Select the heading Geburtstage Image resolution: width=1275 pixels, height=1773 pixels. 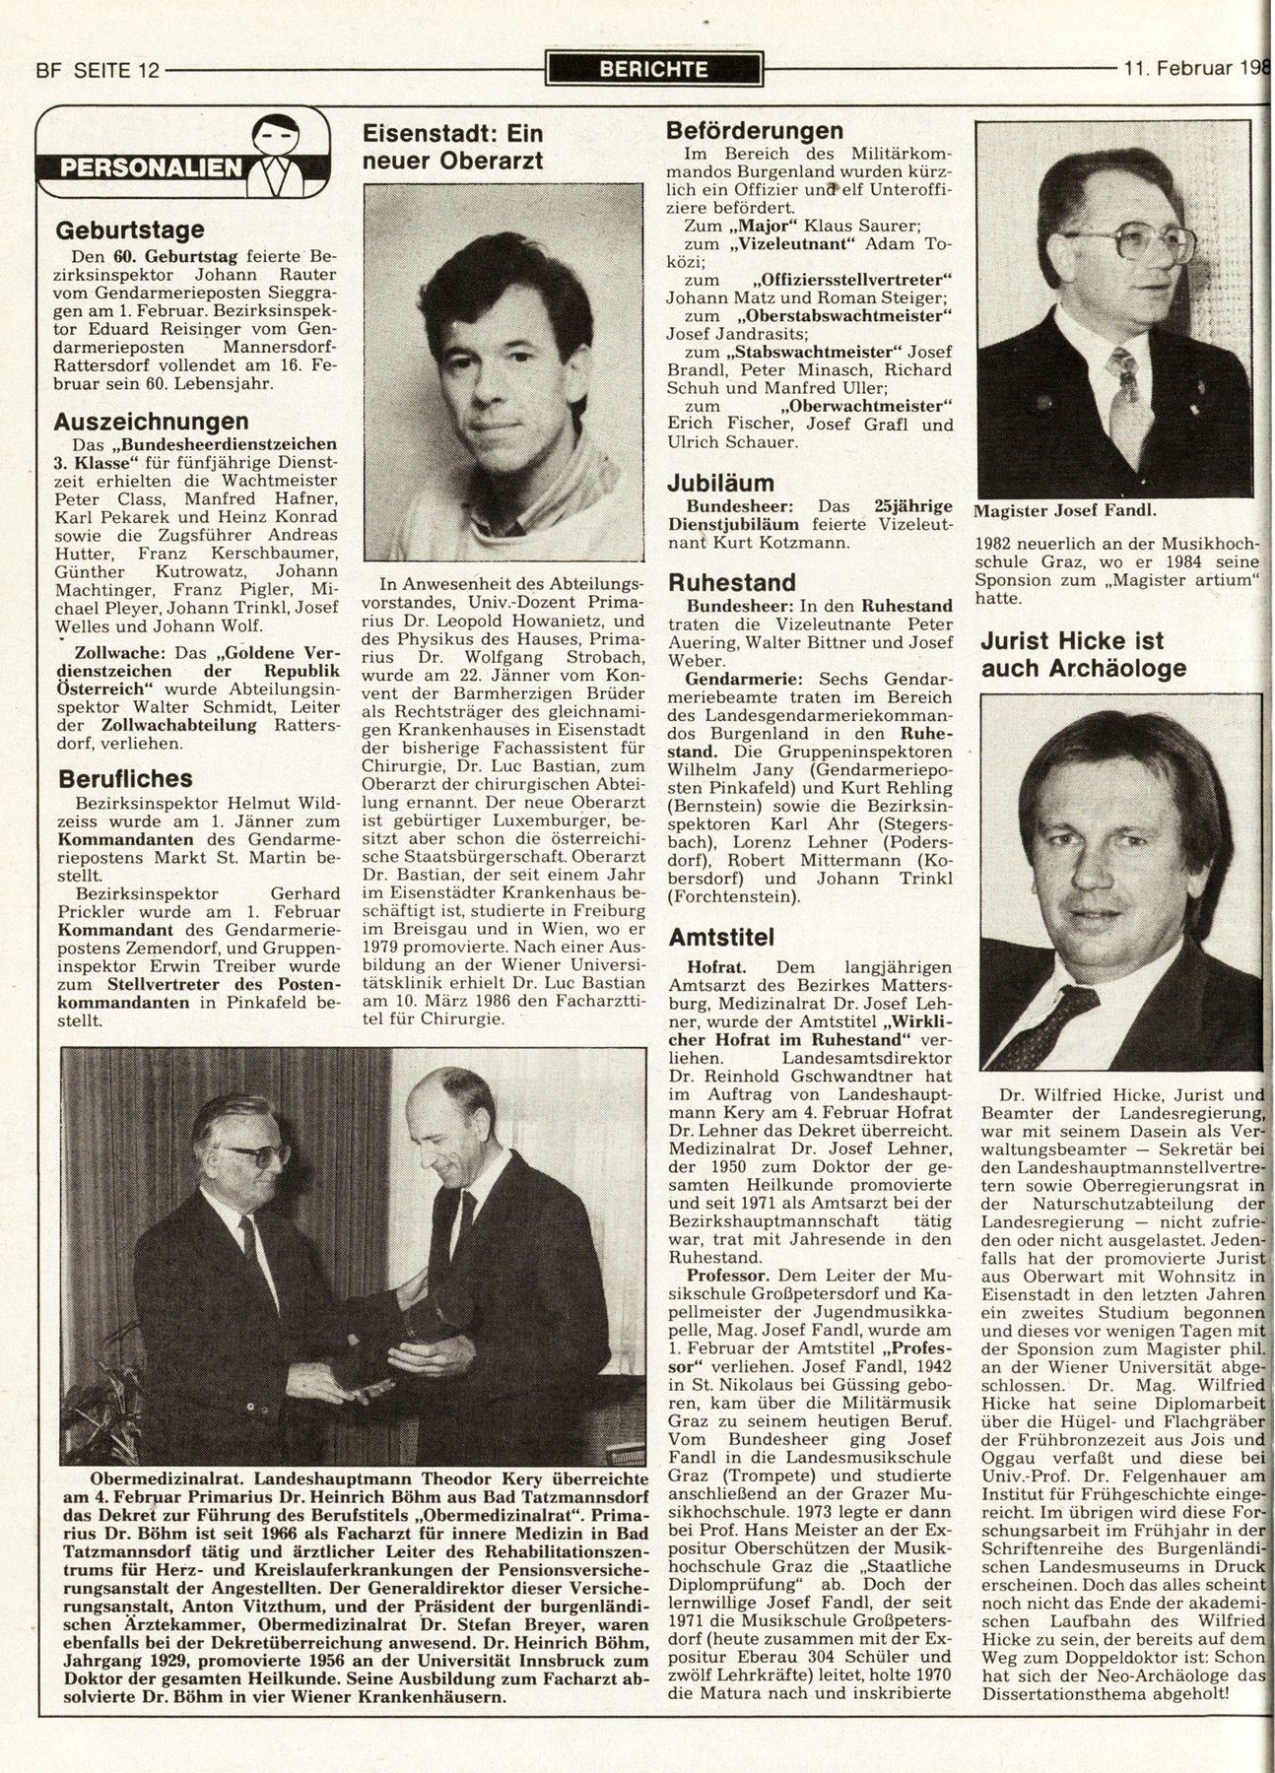click(x=129, y=230)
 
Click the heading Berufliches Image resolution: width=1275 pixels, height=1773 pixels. click(x=124, y=778)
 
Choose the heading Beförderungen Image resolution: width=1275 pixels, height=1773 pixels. click(x=754, y=131)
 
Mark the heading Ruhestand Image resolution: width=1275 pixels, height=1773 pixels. click(x=730, y=582)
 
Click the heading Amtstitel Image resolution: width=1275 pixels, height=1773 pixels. click(x=723, y=936)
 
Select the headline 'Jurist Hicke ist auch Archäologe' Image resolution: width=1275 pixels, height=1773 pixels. click(x=1084, y=655)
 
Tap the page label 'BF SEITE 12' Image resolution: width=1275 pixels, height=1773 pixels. click(x=98, y=70)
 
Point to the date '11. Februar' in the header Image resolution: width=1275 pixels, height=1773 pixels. click(x=1178, y=69)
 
